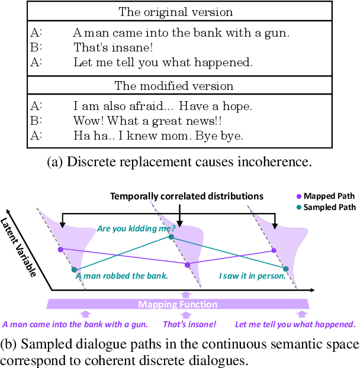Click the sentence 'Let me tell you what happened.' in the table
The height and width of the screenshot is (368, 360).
tap(163, 62)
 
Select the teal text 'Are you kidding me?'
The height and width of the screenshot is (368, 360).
tap(136, 228)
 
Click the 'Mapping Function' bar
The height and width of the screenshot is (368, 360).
tap(178, 304)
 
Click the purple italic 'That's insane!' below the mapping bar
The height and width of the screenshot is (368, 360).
tap(189, 324)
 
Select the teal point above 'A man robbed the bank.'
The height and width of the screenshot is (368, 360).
tap(74, 270)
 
